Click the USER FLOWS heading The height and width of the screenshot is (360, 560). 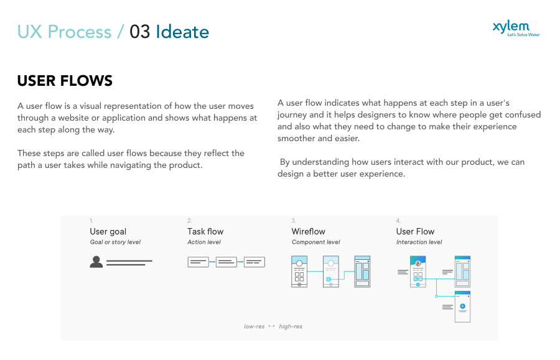point(65,81)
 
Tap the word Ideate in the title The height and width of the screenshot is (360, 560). point(182,32)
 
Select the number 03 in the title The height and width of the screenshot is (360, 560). point(140,32)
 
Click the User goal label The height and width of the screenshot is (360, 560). point(108,231)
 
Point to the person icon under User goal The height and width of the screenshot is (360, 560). point(96,262)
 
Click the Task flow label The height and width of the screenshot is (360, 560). point(205,231)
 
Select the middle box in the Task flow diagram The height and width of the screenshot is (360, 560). point(226,262)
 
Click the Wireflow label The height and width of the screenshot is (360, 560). point(309,231)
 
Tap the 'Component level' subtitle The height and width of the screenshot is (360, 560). point(316,242)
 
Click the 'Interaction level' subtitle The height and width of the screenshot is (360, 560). point(419,242)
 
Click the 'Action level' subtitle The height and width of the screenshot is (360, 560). point(204,242)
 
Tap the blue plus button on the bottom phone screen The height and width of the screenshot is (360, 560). point(462,307)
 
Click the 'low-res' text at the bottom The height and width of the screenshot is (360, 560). point(254,326)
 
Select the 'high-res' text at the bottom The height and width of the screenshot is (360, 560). point(291,326)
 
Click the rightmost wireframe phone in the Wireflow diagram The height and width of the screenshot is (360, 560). point(362,271)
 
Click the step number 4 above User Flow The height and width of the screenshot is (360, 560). point(398,221)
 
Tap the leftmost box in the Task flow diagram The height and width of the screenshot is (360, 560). point(198,262)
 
